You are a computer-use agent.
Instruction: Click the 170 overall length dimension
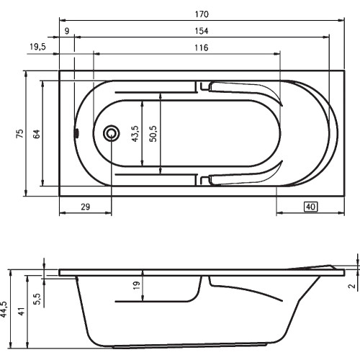(x=202, y=14)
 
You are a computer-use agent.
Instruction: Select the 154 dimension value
(x=202, y=31)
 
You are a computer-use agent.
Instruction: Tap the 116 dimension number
(x=201, y=48)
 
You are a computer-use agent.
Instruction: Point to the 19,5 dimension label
(x=37, y=47)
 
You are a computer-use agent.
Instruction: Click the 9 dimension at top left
(x=67, y=31)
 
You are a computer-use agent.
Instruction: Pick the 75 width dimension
(x=20, y=133)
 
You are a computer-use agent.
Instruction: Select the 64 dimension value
(x=37, y=134)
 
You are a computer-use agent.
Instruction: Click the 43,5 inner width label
(x=135, y=133)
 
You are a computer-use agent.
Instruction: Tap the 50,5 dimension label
(x=153, y=133)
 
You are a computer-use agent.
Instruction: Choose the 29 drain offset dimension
(x=85, y=207)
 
